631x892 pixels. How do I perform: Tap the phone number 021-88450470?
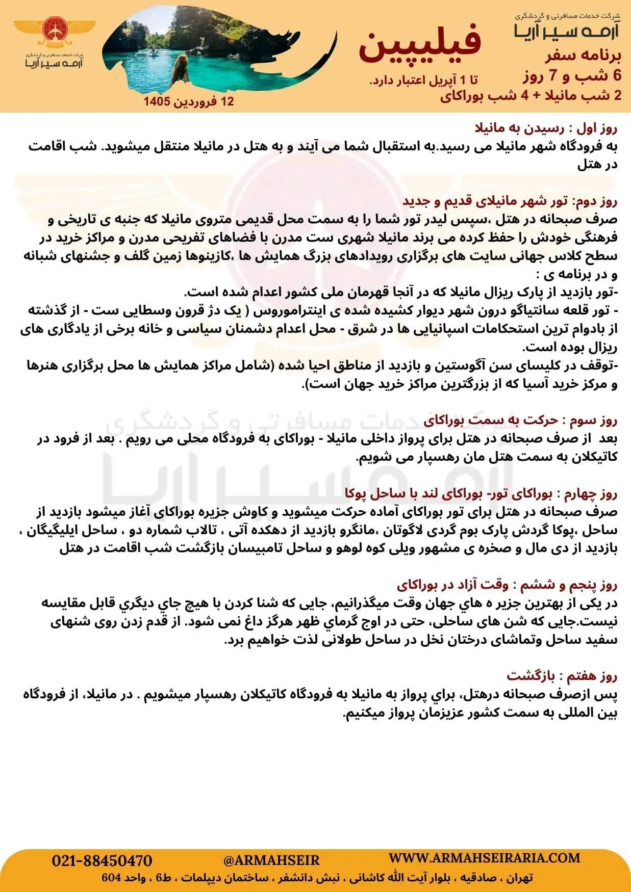coord(102,861)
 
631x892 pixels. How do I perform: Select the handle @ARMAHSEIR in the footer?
coord(271,860)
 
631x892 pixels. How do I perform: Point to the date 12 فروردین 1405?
coord(189,101)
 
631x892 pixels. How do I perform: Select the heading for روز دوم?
coord(510,201)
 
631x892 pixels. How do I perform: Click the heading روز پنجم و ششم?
coord(507,584)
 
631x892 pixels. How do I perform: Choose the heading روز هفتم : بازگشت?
coord(562,676)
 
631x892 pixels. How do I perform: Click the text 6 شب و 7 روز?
coord(572,76)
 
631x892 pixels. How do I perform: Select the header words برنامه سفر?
coord(584,56)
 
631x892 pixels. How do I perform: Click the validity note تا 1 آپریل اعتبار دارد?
coord(423,80)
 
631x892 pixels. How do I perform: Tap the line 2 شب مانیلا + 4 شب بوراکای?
coord(531,96)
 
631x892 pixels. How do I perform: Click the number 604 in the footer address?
coord(111,878)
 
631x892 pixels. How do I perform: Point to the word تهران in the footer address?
coord(520,878)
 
